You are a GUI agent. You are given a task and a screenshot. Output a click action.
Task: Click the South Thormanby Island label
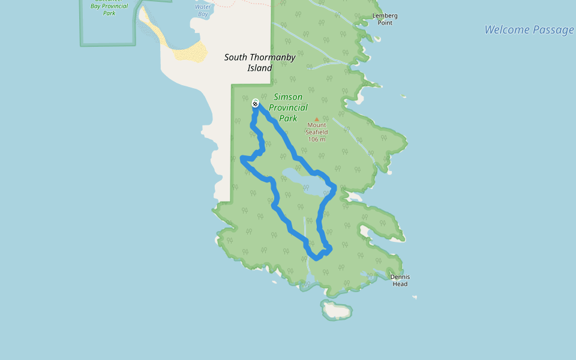click(260, 62)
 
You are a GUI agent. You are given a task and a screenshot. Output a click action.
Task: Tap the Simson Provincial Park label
click(288, 107)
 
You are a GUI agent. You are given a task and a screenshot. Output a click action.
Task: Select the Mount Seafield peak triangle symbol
click(317, 119)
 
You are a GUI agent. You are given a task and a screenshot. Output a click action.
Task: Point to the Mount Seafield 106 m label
click(316, 132)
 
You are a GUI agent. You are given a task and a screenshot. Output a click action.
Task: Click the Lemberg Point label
click(385, 19)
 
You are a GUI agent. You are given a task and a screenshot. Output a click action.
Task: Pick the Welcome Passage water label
click(529, 30)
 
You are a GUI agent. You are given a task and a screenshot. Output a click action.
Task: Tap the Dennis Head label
click(400, 280)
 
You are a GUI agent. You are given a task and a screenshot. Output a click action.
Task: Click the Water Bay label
click(203, 10)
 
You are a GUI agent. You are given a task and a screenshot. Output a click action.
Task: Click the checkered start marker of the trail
click(255, 103)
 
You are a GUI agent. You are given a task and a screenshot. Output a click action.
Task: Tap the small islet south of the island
click(337, 310)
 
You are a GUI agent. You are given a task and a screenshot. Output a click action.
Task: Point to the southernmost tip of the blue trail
click(316, 259)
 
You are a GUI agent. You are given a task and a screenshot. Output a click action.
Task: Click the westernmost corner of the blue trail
click(242, 158)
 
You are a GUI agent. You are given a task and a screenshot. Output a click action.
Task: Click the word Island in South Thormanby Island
click(260, 68)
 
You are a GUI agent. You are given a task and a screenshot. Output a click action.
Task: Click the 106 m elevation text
click(316, 139)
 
